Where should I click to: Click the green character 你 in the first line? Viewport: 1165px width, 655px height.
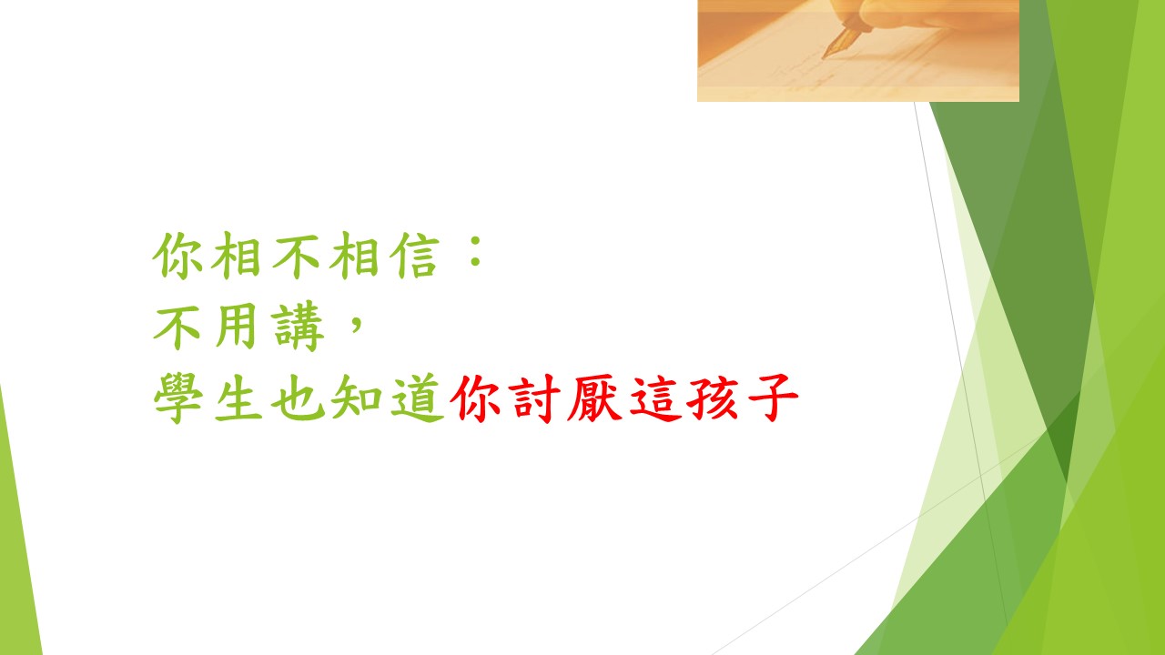coord(177,256)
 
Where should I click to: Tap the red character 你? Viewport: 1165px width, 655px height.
coord(475,398)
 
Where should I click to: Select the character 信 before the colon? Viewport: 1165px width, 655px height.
coord(414,256)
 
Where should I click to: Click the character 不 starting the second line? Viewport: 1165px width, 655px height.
coord(177,327)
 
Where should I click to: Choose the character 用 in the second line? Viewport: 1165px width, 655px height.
coord(237,326)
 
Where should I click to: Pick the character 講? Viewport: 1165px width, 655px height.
coord(298,326)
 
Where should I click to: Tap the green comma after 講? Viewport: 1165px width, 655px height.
coord(357,323)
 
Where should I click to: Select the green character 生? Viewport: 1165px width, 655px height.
coord(238,398)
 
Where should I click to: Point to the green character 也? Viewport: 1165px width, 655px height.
coord(298,398)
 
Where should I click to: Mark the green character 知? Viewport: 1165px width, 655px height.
coord(357,398)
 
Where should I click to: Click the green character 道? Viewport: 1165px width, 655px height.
coord(417,398)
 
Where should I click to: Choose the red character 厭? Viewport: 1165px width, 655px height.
coord(593,398)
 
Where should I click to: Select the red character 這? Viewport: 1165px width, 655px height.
coord(654,398)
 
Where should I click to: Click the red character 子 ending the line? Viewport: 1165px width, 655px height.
coord(773,398)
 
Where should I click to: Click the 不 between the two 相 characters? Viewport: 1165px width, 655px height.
coord(297,256)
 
